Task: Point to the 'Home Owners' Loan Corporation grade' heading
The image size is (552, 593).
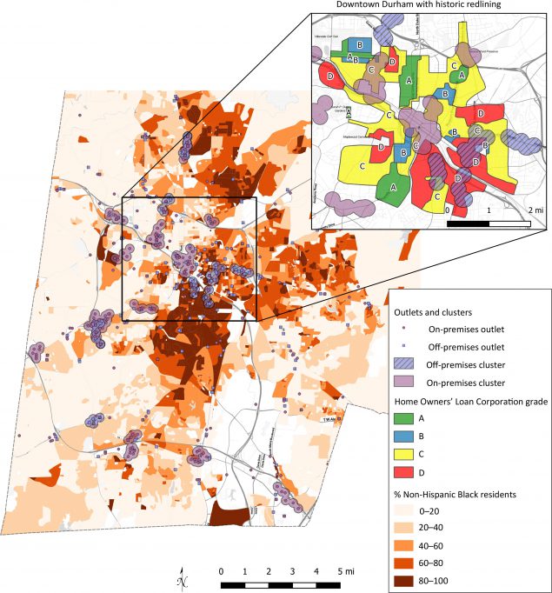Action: tap(470, 400)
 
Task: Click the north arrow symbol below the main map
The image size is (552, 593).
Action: tap(180, 579)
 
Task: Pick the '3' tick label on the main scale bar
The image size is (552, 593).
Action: tap(293, 570)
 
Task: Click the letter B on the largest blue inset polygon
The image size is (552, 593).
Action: tap(359, 43)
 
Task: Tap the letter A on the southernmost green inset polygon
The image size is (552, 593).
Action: tap(392, 187)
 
